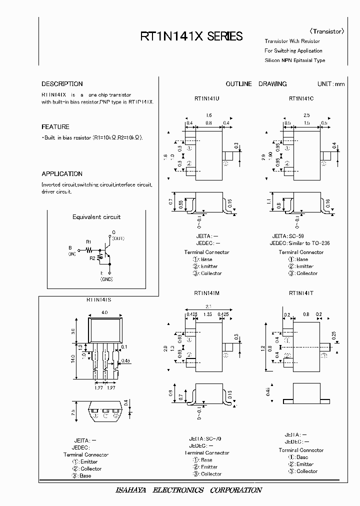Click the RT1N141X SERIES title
tap(191, 36)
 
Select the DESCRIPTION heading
tap(62, 84)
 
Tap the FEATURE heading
tap(55, 127)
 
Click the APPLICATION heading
tap(62, 174)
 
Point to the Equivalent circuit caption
tap(96, 217)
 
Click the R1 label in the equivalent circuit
tap(88, 241)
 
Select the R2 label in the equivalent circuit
tap(92, 258)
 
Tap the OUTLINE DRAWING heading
tap(256, 84)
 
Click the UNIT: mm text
tap(330, 84)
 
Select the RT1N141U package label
tap(206, 99)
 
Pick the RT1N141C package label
tap(301, 99)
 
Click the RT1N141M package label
tap(206, 296)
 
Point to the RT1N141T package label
tap(301, 296)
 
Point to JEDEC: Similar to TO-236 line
tap(300, 243)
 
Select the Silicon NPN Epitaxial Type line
tap(294, 60)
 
